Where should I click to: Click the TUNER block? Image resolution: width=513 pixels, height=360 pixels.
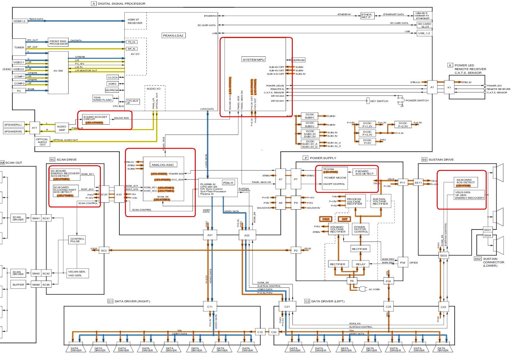click(x=19, y=47)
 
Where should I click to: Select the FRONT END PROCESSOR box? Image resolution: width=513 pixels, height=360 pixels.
click(x=58, y=42)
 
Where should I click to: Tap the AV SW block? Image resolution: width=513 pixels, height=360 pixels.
click(x=58, y=71)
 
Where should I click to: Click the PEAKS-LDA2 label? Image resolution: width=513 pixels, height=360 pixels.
click(x=173, y=35)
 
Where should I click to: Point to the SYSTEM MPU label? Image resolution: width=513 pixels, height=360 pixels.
click(x=254, y=60)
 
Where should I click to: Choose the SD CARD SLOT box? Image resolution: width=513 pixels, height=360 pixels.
click(x=424, y=25)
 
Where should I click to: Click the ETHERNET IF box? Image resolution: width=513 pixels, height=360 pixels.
click(x=366, y=16)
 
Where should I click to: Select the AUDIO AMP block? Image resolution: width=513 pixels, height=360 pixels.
click(x=62, y=128)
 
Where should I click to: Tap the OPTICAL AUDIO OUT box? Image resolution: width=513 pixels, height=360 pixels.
click(x=42, y=142)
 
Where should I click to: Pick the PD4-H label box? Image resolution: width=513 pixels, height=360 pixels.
click(x=228, y=183)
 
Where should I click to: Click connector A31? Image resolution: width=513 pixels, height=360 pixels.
click(x=210, y=235)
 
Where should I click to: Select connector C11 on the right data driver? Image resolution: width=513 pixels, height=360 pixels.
click(x=210, y=307)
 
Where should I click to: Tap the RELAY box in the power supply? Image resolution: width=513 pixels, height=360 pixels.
click(x=360, y=264)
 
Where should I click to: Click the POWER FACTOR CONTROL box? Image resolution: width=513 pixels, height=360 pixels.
click(x=361, y=229)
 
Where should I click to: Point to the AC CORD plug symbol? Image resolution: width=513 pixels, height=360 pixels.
click(x=362, y=289)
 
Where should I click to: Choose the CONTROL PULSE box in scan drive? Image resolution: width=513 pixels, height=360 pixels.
click(x=77, y=240)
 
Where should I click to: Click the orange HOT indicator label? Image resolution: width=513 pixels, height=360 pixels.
click(x=345, y=219)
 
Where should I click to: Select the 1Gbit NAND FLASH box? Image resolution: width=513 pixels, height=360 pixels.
click(x=102, y=99)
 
